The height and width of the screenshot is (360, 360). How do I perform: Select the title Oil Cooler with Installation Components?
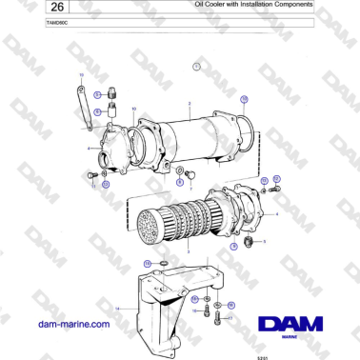click(239, 6)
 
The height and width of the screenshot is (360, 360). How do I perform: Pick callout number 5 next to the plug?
click(265, 241)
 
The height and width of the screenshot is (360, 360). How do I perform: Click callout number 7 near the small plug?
click(190, 189)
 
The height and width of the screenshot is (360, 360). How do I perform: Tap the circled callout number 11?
click(106, 184)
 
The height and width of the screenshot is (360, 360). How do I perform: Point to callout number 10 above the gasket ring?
click(134, 109)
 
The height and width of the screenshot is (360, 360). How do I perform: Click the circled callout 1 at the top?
click(196, 66)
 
